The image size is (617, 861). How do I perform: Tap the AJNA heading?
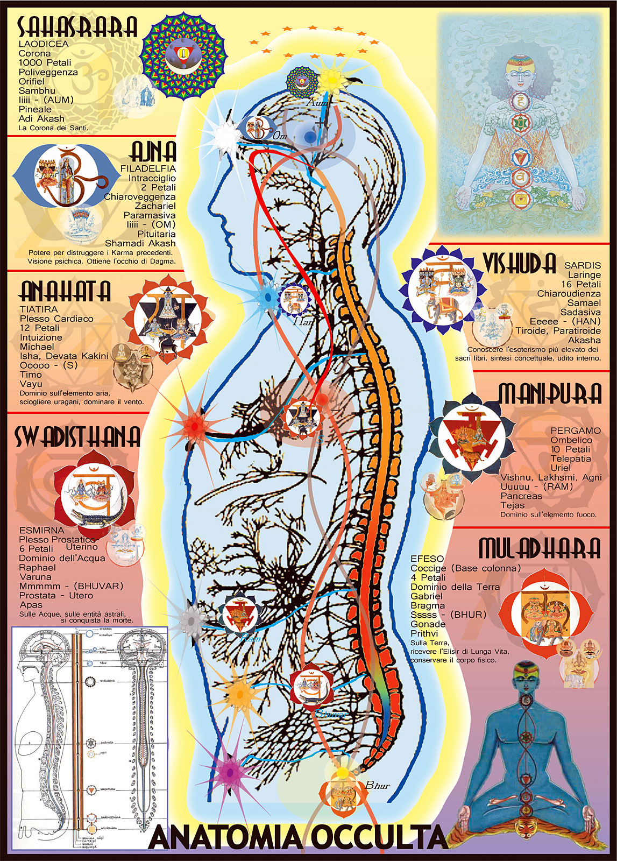pos(153,152)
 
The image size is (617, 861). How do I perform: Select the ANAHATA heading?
pos(65,291)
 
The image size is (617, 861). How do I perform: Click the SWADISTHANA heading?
pos(77,436)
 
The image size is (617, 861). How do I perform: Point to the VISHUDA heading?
pos(519,263)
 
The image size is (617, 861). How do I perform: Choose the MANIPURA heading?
pos(550,394)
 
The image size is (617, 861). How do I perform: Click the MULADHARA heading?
pos(540,548)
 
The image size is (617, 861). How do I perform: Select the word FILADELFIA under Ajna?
pos(148,168)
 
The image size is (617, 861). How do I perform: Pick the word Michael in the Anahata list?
pos(37,347)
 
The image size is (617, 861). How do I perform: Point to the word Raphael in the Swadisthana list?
pos(38,567)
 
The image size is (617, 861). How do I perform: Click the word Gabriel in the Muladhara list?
pos(427,596)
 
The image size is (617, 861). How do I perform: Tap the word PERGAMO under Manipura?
pos(576,430)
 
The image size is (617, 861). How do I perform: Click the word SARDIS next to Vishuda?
pos(583,265)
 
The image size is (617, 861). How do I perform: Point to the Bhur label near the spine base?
pos(378,786)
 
